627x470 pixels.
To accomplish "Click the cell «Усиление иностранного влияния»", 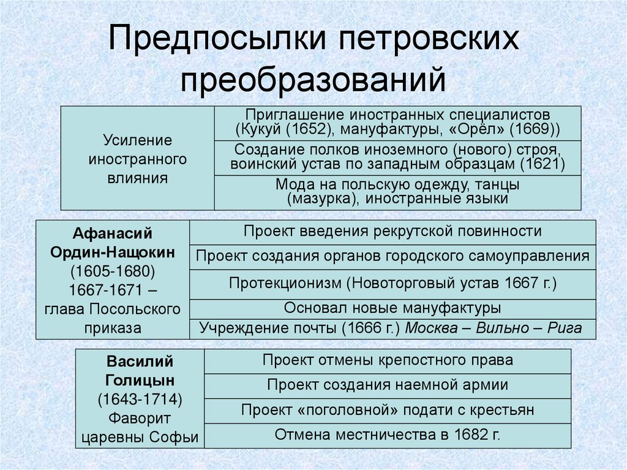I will (137, 159).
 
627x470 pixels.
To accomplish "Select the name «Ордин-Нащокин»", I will (113, 252).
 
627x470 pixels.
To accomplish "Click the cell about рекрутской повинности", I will (392, 231).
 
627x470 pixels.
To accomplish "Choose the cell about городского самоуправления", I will (392, 256).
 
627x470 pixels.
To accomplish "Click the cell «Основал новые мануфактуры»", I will (392, 308).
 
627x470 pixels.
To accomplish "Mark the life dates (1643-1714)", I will (140, 399).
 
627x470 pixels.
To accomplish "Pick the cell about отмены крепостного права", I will (388, 360).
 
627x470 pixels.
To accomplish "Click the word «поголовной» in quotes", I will (342, 409).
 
